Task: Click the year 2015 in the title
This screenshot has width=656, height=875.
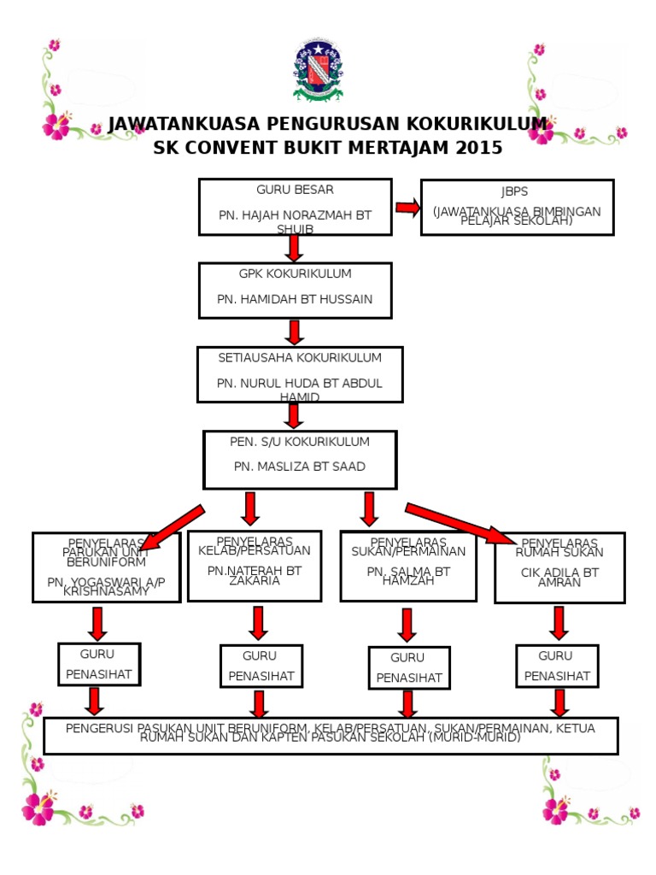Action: click(x=479, y=148)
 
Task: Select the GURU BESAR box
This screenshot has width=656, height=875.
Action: click(x=295, y=206)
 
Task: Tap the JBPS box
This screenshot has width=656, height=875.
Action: click(x=517, y=207)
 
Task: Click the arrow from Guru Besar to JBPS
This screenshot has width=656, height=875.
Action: click(x=407, y=208)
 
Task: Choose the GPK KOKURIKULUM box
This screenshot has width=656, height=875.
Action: click(x=295, y=290)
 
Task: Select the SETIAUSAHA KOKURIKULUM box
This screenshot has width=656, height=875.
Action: click(x=299, y=373)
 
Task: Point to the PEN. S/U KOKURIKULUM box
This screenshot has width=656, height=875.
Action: click(x=299, y=459)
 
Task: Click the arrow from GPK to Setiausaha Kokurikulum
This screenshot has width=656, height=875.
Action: click(x=295, y=332)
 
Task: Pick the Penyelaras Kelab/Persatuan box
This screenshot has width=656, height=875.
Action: click(x=255, y=566)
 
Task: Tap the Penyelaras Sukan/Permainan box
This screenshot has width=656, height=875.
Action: click(x=408, y=566)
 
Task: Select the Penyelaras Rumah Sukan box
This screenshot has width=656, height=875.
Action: click(x=559, y=567)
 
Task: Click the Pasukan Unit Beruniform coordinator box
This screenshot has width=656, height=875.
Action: click(x=107, y=567)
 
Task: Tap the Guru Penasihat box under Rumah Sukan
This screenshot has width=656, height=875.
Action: click(x=557, y=666)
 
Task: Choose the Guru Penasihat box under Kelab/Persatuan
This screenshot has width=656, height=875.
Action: click(x=261, y=666)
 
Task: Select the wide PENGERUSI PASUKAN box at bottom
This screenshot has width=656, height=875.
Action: click(x=331, y=735)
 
